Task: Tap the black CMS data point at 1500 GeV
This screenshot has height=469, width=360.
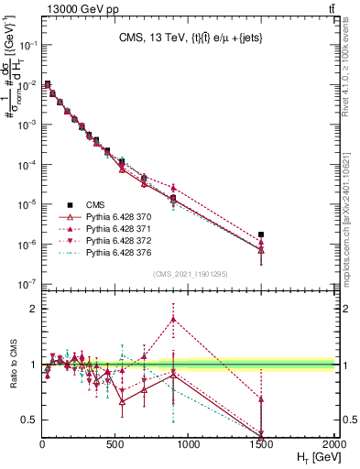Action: point(262,234)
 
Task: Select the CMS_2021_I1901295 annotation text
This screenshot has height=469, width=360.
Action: point(189,274)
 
